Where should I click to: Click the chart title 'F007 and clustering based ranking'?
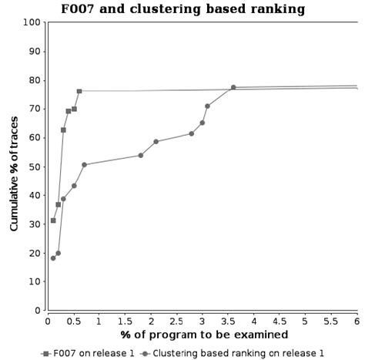click(182, 9)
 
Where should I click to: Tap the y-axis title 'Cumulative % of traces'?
click(15, 167)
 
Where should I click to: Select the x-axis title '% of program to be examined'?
click(204, 335)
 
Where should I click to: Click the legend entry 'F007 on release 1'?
click(89, 353)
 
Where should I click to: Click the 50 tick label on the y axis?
click(35, 167)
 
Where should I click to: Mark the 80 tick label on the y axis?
click(35, 80)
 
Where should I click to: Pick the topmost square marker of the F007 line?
click(79, 91)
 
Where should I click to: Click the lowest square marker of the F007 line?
click(53, 220)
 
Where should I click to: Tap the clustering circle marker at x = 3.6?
click(233, 87)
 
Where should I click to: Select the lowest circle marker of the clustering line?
click(53, 258)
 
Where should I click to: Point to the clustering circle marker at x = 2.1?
click(156, 142)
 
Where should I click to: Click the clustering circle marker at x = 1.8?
click(140, 155)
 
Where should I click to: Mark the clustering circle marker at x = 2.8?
click(192, 133)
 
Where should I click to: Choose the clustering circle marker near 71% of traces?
click(207, 106)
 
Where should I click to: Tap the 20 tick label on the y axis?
click(35, 253)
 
